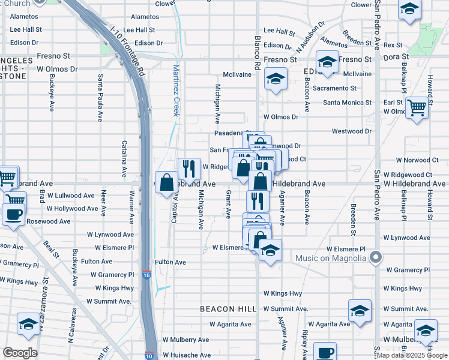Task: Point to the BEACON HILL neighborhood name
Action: tap(228, 309)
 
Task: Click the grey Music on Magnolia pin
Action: tap(376, 257)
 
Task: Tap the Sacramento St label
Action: tap(335, 88)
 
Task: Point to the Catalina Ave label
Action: tap(124, 158)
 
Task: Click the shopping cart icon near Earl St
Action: tap(417, 108)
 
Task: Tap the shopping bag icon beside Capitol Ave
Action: tap(167, 183)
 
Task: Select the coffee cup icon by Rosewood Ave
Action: tap(13, 214)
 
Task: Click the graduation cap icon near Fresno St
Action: tap(327, 62)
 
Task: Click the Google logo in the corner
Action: tap(20, 353)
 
